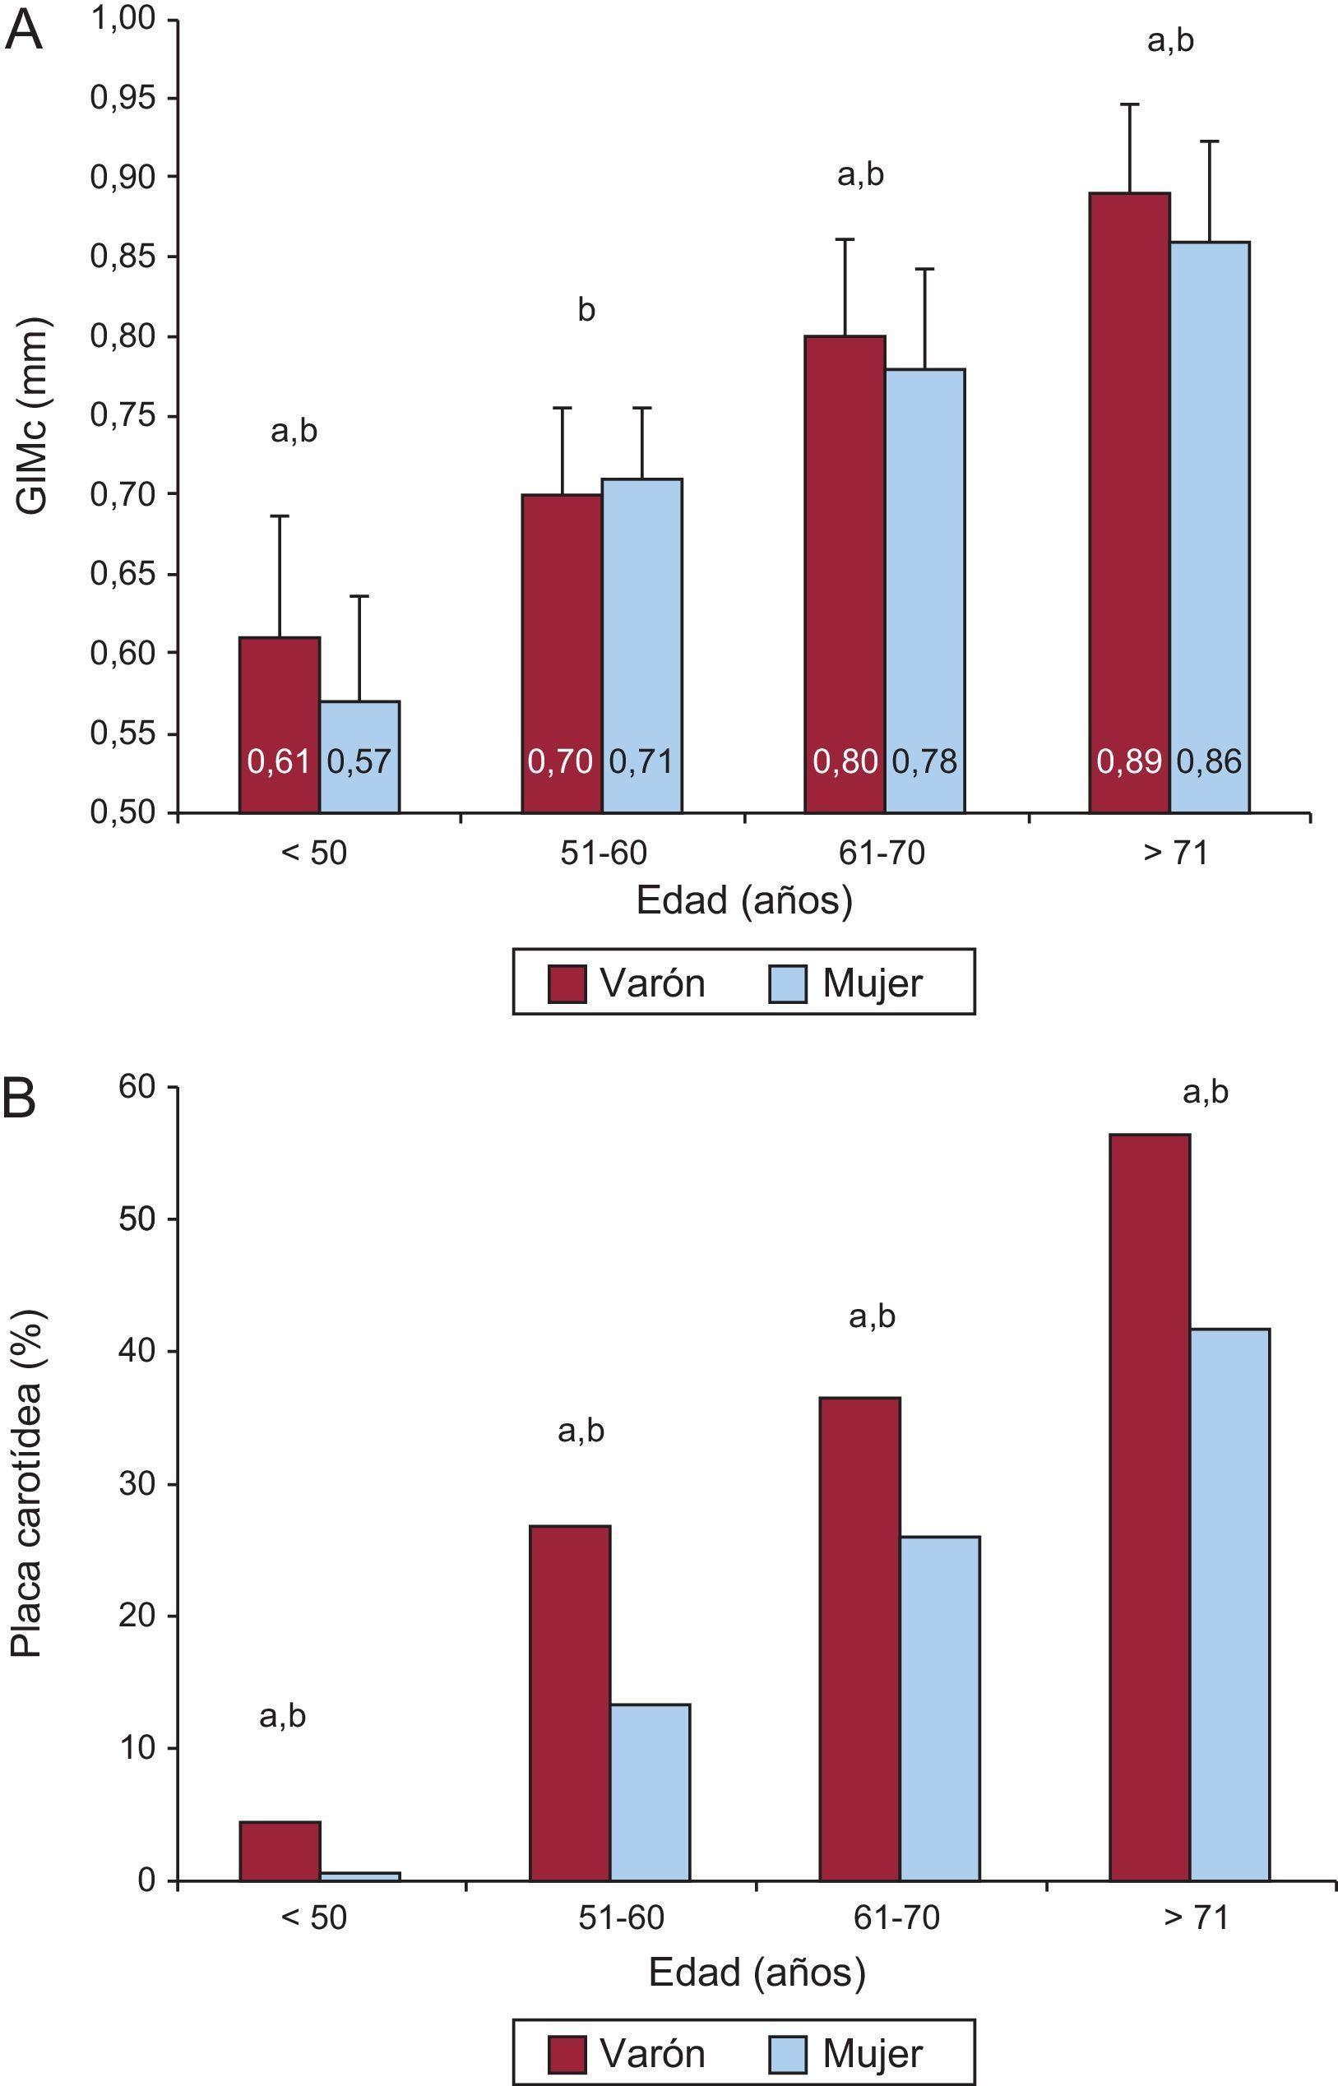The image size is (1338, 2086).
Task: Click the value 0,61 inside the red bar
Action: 279,761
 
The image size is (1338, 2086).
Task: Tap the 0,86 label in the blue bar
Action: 1209,761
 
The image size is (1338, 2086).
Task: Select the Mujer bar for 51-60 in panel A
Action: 642,608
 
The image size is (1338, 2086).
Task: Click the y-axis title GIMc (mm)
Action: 33,417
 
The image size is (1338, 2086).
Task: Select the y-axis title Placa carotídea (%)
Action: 26,1485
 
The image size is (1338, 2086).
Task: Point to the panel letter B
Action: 20,1098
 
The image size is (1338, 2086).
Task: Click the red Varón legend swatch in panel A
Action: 567,984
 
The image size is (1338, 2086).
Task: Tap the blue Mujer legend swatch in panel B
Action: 787,2054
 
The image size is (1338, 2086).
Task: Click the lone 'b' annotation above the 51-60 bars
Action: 586,310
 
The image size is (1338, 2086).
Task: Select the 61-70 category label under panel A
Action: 882,853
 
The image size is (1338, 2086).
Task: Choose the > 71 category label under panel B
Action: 1197,1917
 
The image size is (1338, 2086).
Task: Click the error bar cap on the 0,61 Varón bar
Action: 280,516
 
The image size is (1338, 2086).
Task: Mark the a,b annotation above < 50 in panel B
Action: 282,1716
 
